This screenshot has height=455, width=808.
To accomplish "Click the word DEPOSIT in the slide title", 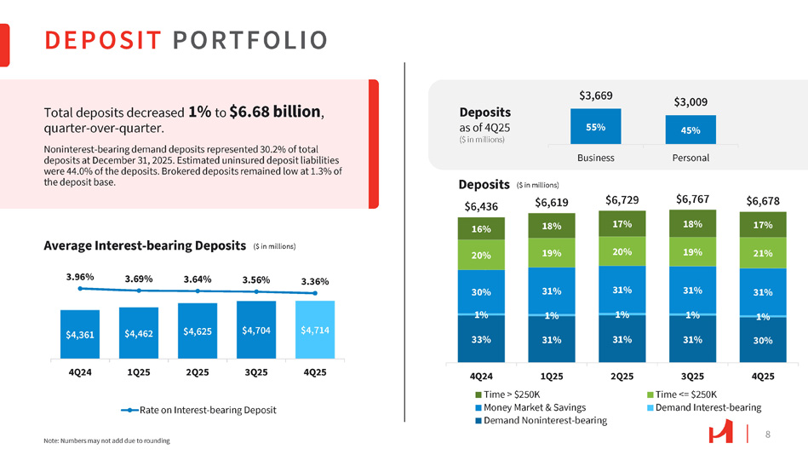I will tap(103, 40).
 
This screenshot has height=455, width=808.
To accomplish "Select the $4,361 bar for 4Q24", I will tap(80, 334).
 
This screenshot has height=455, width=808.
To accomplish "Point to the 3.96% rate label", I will tap(80, 277).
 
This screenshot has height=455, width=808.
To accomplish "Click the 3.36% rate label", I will tap(315, 282).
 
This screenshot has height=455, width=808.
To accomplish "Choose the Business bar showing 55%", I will tap(596, 127).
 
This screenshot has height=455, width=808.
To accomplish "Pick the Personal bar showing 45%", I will tap(691, 130).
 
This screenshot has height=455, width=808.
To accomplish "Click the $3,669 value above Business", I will tap(596, 95).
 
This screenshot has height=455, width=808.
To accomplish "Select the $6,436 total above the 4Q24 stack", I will tap(481, 206).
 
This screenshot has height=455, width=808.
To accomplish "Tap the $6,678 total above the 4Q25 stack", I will tap(763, 201).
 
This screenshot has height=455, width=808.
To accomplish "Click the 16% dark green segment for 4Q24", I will tap(481, 229).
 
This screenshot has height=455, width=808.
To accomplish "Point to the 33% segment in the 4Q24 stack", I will tap(481, 339).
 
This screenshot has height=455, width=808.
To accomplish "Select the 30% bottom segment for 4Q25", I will tap(763, 341).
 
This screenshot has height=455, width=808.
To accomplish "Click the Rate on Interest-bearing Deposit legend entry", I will tap(198, 411).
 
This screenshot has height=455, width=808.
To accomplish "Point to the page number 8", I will tap(768, 435).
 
